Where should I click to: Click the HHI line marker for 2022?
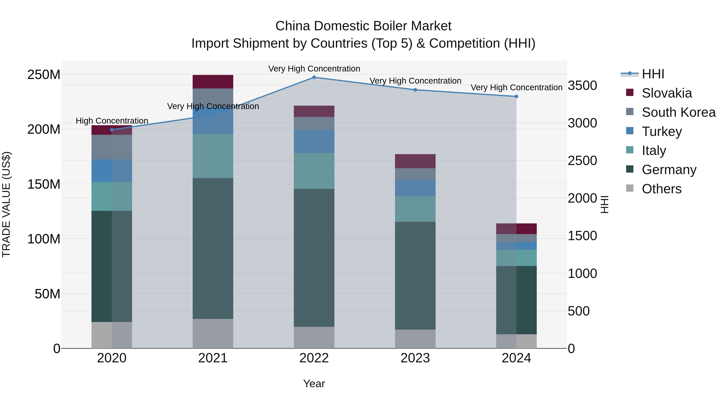(x=314, y=77)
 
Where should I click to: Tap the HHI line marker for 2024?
(x=516, y=96)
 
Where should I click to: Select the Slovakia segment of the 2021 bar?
(x=213, y=82)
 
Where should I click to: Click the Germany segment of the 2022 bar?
(x=314, y=258)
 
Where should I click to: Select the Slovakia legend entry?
(x=666, y=93)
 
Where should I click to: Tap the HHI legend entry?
(x=652, y=74)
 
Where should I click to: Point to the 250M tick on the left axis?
(x=44, y=75)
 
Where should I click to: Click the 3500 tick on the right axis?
(x=582, y=85)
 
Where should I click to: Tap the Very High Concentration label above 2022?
(x=314, y=69)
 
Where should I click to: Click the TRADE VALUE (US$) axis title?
(x=6, y=204)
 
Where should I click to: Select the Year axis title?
(x=314, y=384)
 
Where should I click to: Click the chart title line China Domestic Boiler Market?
(x=363, y=26)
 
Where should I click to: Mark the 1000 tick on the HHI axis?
(x=582, y=273)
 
